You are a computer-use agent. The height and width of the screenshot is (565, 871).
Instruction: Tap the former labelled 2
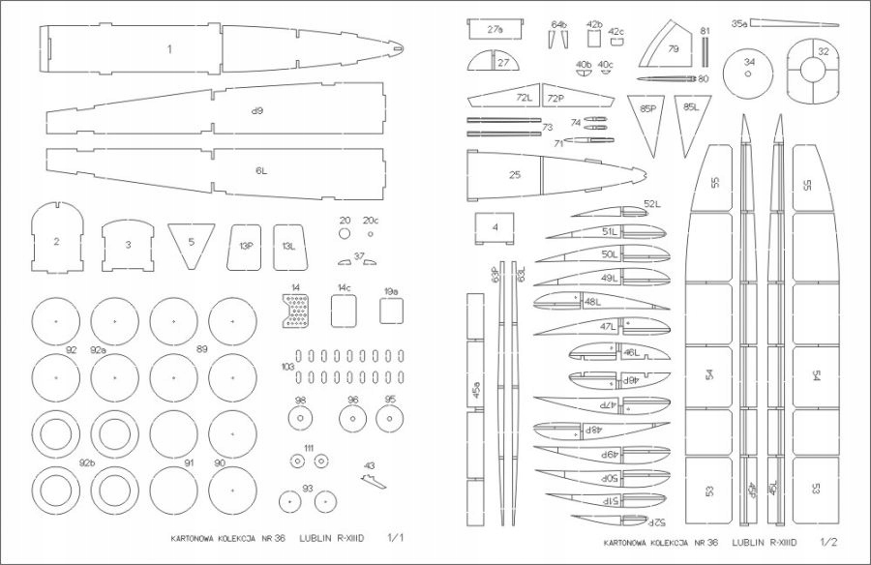point(57,240)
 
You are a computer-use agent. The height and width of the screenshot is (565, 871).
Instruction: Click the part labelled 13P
point(246,246)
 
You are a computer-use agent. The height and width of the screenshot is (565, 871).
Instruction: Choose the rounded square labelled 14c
point(345,311)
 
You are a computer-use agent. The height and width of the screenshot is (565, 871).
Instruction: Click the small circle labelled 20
point(345,234)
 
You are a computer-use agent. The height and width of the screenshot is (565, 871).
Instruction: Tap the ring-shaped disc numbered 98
point(301,419)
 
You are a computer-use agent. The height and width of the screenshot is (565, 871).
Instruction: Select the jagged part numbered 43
point(373,479)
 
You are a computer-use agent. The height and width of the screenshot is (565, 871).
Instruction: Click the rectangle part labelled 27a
point(496,30)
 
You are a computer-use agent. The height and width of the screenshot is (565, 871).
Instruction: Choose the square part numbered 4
point(496,227)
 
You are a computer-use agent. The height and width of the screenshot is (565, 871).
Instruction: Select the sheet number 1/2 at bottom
point(828,546)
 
